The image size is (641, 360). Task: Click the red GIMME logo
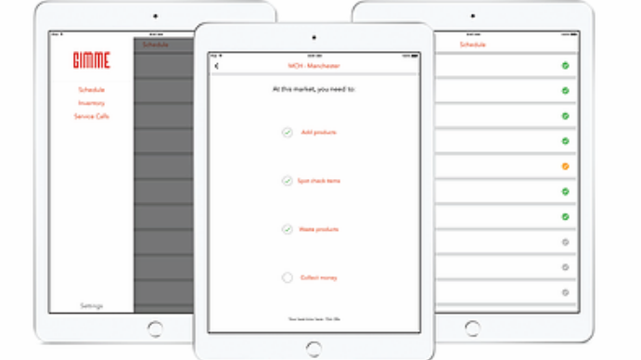coord(91,61)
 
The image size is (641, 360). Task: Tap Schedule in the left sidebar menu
coord(91,89)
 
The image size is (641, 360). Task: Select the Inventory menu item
coord(91,103)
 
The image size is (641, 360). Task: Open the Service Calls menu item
coord(91,116)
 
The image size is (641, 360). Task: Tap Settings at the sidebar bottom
coord(91,305)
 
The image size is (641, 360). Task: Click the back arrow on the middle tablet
coord(217,66)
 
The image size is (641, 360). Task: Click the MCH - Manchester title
coord(314,66)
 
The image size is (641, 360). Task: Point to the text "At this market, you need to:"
coord(314,89)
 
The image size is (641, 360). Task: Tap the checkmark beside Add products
coord(288,133)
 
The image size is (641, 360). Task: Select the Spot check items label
coord(319,181)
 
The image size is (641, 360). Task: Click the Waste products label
coord(319,229)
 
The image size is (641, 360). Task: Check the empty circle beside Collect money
coord(288,277)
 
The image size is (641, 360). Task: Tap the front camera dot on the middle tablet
coord(314,38)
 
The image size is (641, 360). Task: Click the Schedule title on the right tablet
coord(472,45)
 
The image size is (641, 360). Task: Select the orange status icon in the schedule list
coord(565,167)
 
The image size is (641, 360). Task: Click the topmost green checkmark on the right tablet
coord(565,66)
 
